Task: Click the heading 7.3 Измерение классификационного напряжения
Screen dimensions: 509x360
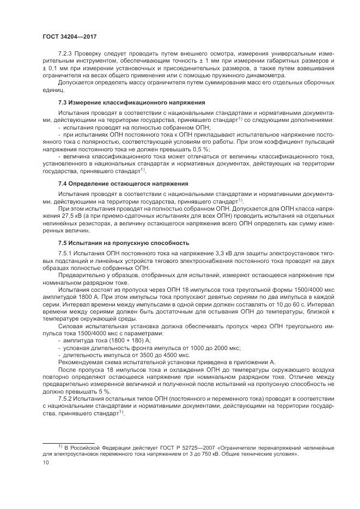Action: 132,102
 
